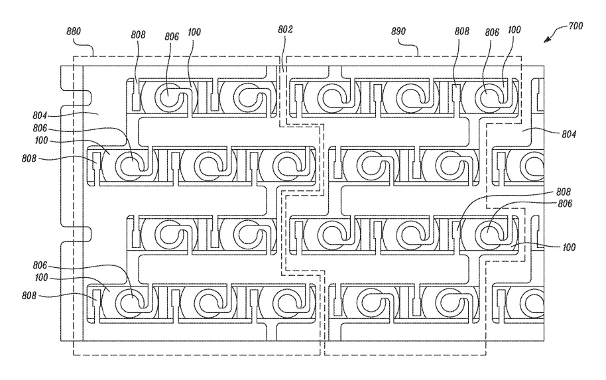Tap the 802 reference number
click(x=286, y=30)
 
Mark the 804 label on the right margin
click(x=568, y=133)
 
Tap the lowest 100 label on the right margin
click(x=568, y=247)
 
